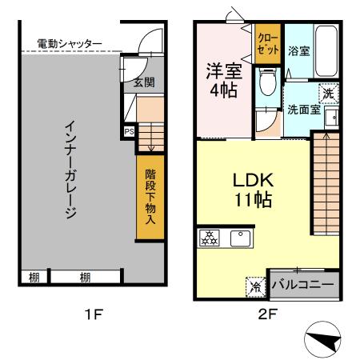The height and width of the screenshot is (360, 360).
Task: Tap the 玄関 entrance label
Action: (143, 82)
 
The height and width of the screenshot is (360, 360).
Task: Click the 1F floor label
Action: (94, 314)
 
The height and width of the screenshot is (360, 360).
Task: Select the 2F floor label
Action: (267, 314)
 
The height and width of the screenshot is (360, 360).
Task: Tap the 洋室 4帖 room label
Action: (223, 79)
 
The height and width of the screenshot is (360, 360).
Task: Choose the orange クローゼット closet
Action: (268, 44)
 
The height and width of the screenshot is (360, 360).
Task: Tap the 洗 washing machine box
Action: (329, 93)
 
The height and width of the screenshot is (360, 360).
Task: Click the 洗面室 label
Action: (303, 110)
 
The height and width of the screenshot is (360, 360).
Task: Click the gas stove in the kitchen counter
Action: (209, 238)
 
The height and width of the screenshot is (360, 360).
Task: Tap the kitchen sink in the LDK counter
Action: (240, 238)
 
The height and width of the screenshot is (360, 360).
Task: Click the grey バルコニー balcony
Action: (305, 283)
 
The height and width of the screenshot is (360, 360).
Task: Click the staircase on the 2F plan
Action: (326, 180)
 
